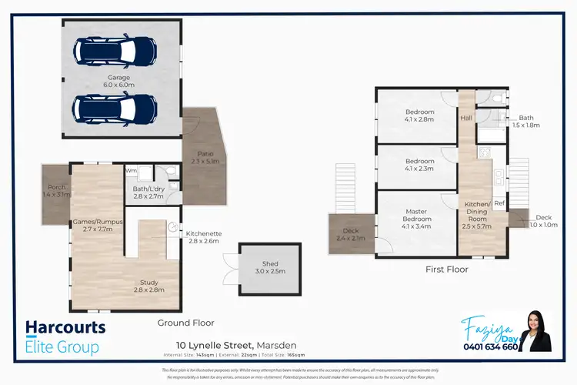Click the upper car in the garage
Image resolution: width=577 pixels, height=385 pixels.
115,50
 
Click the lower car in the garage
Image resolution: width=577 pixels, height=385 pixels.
115,109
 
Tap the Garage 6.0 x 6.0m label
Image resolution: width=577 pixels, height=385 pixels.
119,80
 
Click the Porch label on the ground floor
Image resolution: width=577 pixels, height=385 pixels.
56,192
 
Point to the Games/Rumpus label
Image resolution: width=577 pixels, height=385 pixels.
93,225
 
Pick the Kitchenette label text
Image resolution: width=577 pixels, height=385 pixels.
203,237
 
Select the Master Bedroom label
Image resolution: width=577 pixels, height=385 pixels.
416,218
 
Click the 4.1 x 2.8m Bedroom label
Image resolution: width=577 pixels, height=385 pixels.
419,115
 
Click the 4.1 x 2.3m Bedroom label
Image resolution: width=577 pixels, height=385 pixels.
419,164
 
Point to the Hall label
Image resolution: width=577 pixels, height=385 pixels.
466,118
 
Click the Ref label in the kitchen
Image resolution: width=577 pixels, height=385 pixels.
499,203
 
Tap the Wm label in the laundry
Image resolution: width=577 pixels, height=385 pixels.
131,170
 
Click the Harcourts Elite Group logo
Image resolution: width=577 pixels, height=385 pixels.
65,337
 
